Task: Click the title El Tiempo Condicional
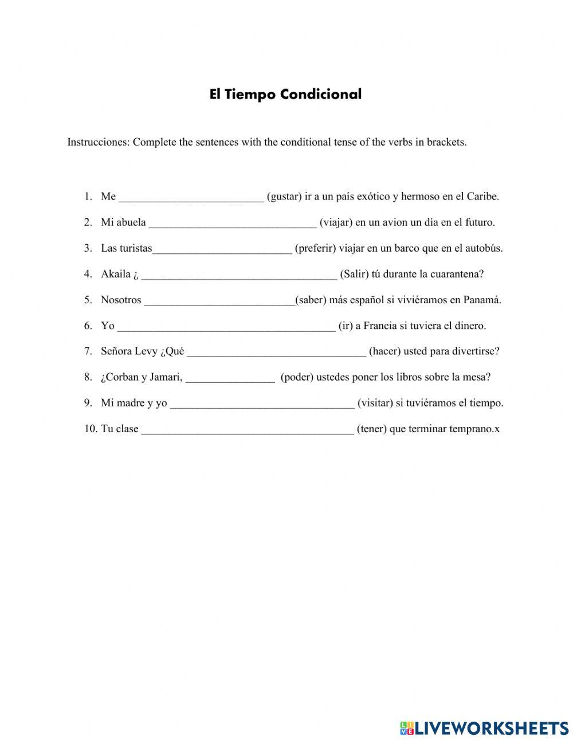[x=285, y=95]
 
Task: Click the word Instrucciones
[x=98, y=142]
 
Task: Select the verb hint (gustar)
[x=284, y=197]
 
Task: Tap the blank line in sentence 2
[x=233, y=224]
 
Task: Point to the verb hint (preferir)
[x=315, y=248]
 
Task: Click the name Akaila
[x=116, y=274]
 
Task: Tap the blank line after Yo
[x=226, y=327]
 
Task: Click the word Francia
[x=380, y=326]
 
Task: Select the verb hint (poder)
[x=297, y=377]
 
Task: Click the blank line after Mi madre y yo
[x=262, y=404]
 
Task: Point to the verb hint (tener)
[x=371, y=429]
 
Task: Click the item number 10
[x=91, y=429]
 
